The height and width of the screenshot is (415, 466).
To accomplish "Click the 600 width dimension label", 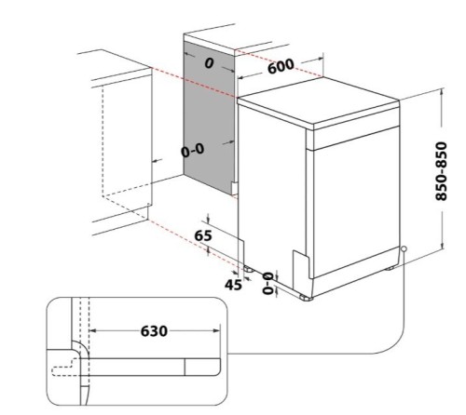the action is click(x=281, y=66).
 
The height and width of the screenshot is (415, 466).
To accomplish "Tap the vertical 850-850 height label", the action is click(x=441, y=171).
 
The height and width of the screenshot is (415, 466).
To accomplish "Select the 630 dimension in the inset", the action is click(x=154, y=331).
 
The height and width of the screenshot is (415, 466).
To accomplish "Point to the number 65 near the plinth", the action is click(x=203, y=235).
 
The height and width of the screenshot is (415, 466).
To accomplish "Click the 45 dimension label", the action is click(x=234, y=285).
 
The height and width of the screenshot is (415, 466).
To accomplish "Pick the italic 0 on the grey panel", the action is click(x=210, y=63).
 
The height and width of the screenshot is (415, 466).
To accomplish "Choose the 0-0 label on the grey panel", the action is click(x=193, y=151).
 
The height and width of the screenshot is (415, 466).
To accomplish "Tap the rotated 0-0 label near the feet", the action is click(x=268, y=283).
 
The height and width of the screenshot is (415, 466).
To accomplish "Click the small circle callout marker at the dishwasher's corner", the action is click(x=404, y=248).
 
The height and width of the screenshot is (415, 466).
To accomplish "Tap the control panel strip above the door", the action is click(x=356, y=138).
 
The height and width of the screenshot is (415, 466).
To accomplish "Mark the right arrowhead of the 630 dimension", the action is click(x=217, y=331).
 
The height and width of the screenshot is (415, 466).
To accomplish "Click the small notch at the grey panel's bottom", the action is click(x=235, y=188).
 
